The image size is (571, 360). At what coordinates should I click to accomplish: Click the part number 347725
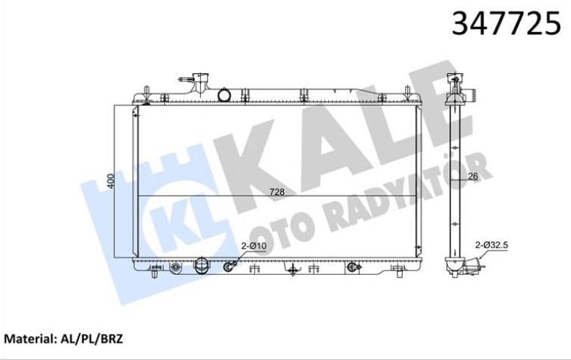506,25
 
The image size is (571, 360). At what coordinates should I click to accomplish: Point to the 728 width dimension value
277,192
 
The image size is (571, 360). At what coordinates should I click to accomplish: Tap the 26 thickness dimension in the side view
472,177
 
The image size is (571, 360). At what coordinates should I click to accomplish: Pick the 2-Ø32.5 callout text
491,244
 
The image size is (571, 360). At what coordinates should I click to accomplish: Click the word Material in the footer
28,338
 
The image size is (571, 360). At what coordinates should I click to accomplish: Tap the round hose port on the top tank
224,95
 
